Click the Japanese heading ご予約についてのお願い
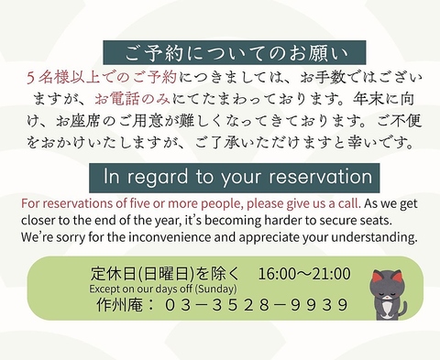tap(234, 51)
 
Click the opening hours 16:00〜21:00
tap(304, 273)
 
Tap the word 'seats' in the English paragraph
tap(397, 220)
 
